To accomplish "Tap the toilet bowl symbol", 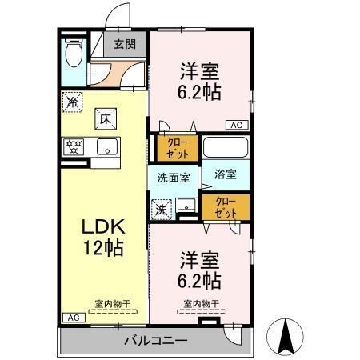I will pos(74,54).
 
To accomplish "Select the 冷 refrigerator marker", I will pos(73,102).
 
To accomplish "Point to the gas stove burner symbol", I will pos(74,146).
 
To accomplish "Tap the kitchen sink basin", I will pos(106,146).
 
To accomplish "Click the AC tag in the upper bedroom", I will pos(237,125).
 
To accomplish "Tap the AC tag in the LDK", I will pos(73,318).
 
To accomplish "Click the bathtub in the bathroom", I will pos(225,148).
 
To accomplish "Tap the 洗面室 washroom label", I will pos(173,178).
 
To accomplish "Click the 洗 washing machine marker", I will pos(161,210).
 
